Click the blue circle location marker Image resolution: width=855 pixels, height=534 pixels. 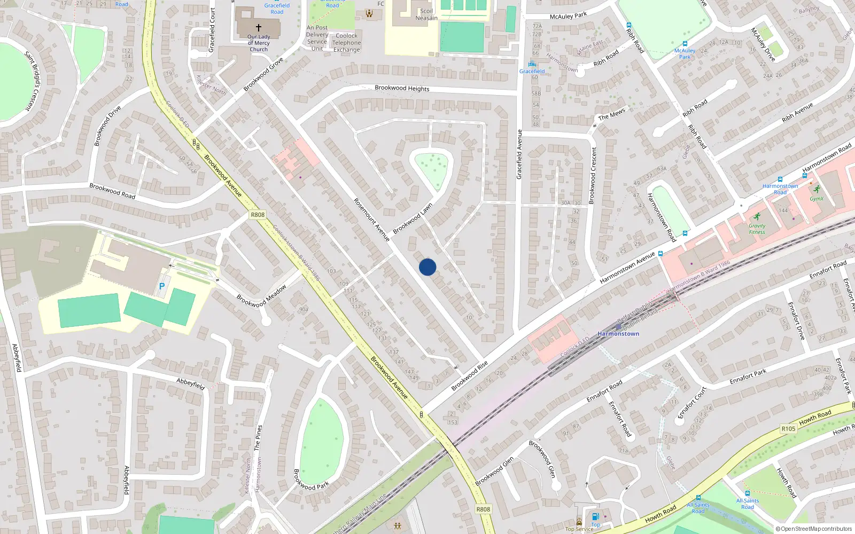tap(428, 267)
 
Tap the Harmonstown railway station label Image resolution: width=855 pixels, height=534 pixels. tap(618, 334)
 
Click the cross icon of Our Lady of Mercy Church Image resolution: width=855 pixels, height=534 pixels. tap(259, 27)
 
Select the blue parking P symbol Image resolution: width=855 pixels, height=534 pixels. tap(162, 287)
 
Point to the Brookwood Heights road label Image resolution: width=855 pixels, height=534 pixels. tap(402, 88)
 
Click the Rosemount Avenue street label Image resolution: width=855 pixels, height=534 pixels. tap(372, 219)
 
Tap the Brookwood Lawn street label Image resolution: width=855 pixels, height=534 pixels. tap(413, 218)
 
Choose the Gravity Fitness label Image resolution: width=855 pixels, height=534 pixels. tap(757, 229)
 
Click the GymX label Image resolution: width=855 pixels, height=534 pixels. tap(816, 199)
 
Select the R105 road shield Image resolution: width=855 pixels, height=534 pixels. tap(788, 428)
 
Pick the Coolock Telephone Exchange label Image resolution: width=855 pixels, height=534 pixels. tap(347, 43)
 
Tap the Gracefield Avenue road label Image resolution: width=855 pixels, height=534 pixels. tap(519, 154)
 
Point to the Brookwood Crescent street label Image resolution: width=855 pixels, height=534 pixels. tap(592, 175)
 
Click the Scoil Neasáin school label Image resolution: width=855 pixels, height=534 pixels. tap(426, 14)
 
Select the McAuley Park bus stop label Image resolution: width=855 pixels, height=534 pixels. tap(685, 53)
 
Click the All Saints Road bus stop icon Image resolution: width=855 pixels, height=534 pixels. tap(747, 493)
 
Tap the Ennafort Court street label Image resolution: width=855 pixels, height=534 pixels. tap(693, 403)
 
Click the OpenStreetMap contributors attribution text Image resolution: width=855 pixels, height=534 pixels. tap(814, 529)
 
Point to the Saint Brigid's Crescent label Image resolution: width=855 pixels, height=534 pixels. tap(32, 81)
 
